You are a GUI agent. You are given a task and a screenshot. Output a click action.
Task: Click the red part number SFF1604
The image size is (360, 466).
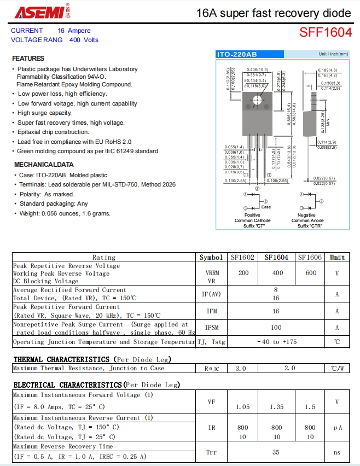[325, 33]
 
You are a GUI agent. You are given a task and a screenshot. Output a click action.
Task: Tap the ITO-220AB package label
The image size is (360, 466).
[236, 54]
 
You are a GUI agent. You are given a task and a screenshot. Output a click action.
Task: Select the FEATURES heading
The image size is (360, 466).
[28, 59]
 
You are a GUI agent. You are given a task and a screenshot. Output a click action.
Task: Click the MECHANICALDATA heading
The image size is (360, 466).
[44, 164]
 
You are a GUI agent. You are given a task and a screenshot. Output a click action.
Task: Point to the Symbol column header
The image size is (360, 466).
[211, 257]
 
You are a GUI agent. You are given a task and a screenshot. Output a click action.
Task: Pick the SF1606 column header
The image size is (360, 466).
[310, 257]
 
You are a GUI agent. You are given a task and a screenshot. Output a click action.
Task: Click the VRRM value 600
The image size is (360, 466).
[310, 273]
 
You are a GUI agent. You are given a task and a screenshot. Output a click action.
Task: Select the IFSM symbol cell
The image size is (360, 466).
[211, 328]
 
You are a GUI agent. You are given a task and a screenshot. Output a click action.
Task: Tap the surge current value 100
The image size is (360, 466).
[277, 328]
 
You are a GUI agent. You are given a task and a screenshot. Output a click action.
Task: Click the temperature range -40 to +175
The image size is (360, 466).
[277, 342]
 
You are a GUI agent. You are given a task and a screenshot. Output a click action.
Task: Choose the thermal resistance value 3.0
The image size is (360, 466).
[241, 368]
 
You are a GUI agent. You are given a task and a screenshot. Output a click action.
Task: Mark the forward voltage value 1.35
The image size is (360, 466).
[277, 407]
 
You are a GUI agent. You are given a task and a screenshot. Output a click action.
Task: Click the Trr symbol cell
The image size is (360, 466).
[211, 452]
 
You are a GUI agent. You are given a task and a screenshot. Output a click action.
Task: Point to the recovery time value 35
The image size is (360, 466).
[277, 452]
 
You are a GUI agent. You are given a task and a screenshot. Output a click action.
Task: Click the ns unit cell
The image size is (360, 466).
[337, 452]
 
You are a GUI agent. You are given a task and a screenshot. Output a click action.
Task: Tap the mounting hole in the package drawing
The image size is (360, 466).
[257, 99]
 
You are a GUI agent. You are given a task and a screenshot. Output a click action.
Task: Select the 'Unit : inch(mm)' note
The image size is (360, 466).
[333, 54]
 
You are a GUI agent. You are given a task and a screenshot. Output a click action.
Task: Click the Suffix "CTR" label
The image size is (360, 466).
[310, 226]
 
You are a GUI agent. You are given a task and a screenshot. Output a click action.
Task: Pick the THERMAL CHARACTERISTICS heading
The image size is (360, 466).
[61, 359]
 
